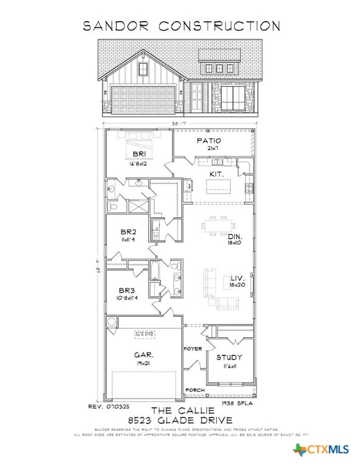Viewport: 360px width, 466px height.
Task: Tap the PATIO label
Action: [208, 141]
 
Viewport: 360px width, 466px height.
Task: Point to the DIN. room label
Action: [236, 237]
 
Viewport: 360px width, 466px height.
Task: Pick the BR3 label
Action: [126, 290]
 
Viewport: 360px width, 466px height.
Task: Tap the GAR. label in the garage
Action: [144, 354]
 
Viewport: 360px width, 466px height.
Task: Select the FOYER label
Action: [193, 349]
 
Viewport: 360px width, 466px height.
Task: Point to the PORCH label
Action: [194, 390]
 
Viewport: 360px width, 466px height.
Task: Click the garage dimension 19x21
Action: [144, 362]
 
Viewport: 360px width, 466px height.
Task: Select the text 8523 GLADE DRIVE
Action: [180, 420]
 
